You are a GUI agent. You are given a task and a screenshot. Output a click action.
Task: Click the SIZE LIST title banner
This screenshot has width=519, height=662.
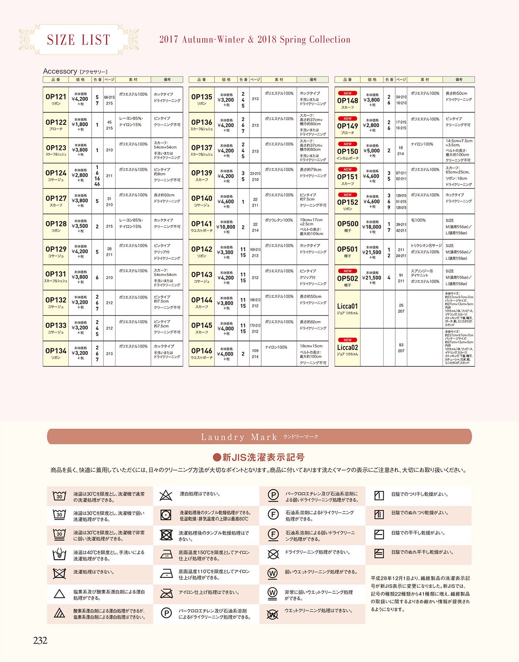78,40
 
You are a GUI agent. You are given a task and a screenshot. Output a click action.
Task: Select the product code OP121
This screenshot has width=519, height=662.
56,97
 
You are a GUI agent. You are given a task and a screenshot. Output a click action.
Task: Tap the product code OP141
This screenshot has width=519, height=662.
202,224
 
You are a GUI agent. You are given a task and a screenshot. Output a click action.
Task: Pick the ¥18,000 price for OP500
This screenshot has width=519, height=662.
372,227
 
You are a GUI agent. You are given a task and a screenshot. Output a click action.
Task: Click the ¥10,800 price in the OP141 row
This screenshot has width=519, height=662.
226,227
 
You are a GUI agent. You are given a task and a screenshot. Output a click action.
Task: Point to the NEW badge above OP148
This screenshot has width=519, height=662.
348,93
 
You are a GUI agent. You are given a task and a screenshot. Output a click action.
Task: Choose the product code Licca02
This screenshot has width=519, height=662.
348,347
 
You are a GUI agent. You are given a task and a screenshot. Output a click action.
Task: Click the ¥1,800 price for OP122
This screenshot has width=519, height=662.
80,124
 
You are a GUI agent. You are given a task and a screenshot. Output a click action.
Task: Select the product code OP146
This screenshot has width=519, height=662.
202,351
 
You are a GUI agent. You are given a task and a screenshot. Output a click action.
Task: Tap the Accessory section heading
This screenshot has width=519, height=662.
60,71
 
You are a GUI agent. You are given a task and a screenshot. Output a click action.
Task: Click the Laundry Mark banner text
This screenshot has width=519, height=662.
239,437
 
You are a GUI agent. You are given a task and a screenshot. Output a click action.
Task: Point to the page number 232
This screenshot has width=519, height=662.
40,641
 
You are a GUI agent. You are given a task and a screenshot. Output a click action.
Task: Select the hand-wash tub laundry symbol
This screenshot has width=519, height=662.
59,554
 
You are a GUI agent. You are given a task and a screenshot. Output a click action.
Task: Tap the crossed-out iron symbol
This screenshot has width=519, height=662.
166,593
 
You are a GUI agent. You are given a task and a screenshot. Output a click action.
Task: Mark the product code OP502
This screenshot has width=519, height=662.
348,279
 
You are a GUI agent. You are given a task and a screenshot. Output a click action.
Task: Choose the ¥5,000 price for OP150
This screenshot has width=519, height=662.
372,151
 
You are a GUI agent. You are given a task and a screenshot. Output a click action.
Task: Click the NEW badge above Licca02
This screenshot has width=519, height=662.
348,340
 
